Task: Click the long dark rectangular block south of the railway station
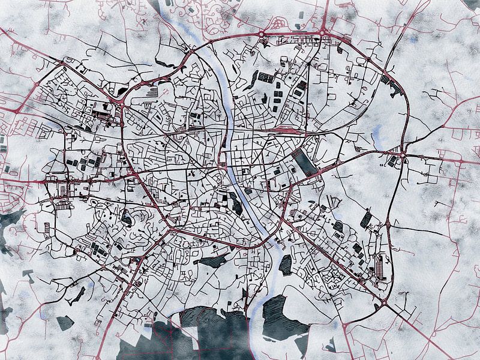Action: [305, 163]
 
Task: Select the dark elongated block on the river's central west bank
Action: [236, 206]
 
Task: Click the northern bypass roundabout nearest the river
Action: [263, 33]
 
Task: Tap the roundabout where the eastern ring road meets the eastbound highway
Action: [403, 155]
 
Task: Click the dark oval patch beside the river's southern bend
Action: [286, 264]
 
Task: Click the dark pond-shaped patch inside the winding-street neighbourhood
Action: [127, 219]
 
